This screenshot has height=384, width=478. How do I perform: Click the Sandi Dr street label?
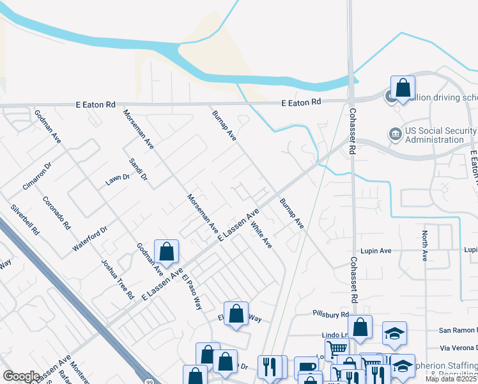(139, 169)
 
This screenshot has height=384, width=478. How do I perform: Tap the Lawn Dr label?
(118, 180)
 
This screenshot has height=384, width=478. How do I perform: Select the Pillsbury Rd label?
(330, 314)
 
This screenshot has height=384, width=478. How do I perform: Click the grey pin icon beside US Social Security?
(394, 134)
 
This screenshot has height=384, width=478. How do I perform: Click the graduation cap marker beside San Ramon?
(394, 333)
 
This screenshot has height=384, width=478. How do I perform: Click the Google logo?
(21, 376)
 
